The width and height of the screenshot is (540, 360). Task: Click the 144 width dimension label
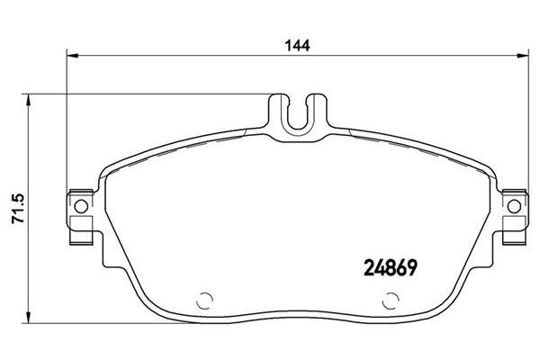click(297, 45)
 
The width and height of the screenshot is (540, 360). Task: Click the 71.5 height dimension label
click(18, 209)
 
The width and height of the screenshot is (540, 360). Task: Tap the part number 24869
click(391, 267)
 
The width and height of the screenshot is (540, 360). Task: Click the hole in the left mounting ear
click(81, 206)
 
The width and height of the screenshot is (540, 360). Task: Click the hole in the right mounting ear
click(514, 206)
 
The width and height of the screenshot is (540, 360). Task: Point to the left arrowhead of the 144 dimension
click(73, 56)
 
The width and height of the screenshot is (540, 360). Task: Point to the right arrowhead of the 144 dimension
click(522, 56)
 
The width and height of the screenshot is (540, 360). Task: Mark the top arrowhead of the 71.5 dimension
click(29, 100)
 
